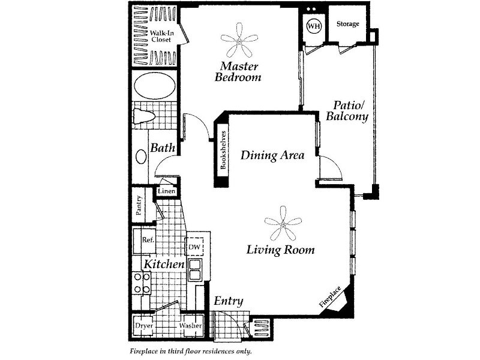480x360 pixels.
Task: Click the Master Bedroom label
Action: [238, 71]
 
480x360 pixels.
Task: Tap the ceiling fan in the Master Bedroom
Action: [239, 40]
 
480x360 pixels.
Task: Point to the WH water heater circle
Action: [314, 26]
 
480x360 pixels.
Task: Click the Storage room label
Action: [348, 23]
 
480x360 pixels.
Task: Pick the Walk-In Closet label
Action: [161, 36]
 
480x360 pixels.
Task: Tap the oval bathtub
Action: [155, 85]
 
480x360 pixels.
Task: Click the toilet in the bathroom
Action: [144, 116]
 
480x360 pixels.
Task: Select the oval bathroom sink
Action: [141, 157]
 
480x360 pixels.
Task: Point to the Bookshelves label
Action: [223, 150]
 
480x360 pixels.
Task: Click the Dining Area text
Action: [272, 155]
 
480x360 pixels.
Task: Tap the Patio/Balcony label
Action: [347, 111]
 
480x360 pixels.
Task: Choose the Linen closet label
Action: [167, 191]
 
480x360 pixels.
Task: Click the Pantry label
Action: [139, 205]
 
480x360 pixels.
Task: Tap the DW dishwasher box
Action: [194, 247]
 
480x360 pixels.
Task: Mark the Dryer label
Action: [144, 325]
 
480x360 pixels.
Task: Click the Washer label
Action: [190, 325]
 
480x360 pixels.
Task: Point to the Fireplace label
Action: [329, 296]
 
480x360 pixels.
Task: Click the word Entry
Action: [229, 301]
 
